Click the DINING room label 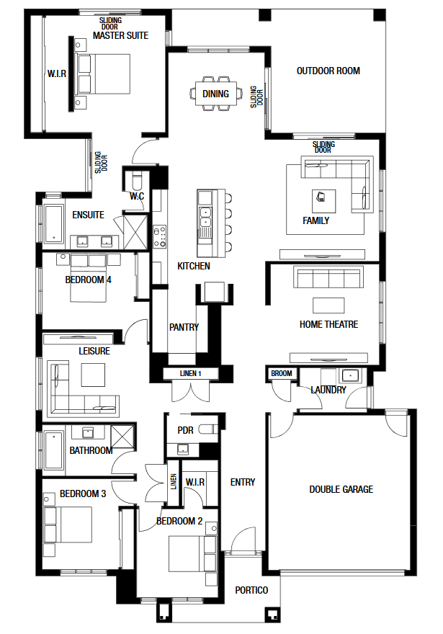[x=215, y=94]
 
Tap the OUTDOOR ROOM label [x=328, y=71]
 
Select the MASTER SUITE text [x=120, y=35]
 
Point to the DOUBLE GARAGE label [x=341, y=489]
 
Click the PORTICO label [x=251, y=590]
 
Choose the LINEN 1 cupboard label [x=190, y=373]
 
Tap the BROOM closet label [x=282, y=373]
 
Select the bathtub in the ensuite [x=53, y=223]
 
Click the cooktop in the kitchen [x=159, y=236]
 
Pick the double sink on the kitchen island [x=205, y=217]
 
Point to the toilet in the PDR [x=210, y=429]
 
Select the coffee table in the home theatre [x=328, y=305]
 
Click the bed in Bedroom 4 [x=89, y=278]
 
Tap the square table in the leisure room [x=93, y=375]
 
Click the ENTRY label [x=243, y=482]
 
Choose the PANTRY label [x=184, y=327]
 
